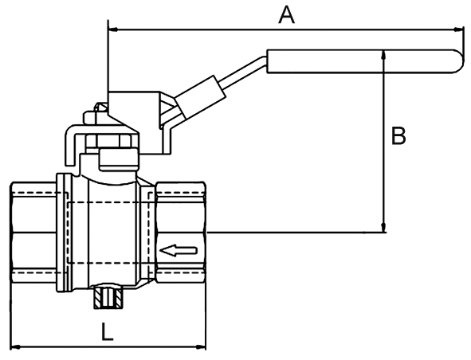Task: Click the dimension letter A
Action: click(x=287, y=15)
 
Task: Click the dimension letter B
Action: click(x=398, y=135)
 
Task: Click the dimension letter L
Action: click(x=107, y=332)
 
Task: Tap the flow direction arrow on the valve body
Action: click(x=179, y=250)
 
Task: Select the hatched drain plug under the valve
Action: click(x=108, y=298)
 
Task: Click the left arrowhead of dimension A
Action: click(x=113, y=29)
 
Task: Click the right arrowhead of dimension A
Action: click(x=457, y=29)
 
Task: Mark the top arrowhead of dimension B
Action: click(x=383, y=55)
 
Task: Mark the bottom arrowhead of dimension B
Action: click(x=383, y=228)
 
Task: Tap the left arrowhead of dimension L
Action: click(x=16, y=347)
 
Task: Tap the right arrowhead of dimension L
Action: click(x=201, y=347)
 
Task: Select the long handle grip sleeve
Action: click(x=366, y=61)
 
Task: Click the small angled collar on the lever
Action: click(x=200, y=96)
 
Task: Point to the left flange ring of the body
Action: click(x=64, y=233)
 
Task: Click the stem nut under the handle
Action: click(x=111, y=141)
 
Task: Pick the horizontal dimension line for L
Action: click(x=108, y=347)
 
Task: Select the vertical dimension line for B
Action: click(x=383, y=141)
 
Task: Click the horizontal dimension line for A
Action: click(x=285, y=29)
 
